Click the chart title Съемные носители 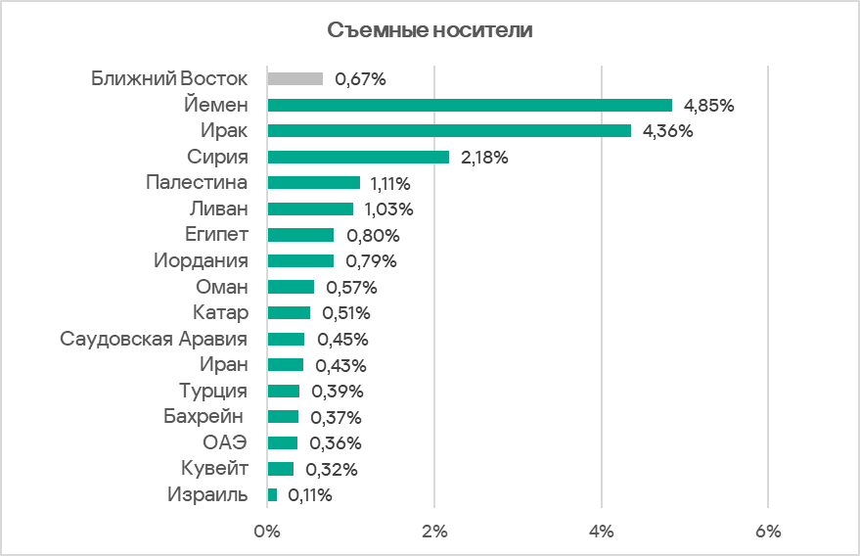pos(430,30)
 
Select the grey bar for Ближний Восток pos(295,79)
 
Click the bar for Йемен pos(470,105)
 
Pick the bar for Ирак pos(449,131)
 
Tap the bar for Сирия pos(358,157)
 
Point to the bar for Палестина pos(314,183)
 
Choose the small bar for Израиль pos(273,495)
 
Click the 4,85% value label pos(709,106)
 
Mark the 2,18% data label pos(484,158)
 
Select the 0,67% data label pos(360,79)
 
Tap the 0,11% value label pos(310,495)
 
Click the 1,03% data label pos(388,209)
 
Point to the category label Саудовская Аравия pos(154,339)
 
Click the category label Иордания pos(202,261)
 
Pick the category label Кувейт pos(215,469)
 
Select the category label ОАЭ pos(225,442)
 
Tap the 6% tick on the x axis pos(769,532)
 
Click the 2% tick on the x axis pos(434,532)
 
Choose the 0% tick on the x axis pos(267,532)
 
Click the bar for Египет pos(300,235)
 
